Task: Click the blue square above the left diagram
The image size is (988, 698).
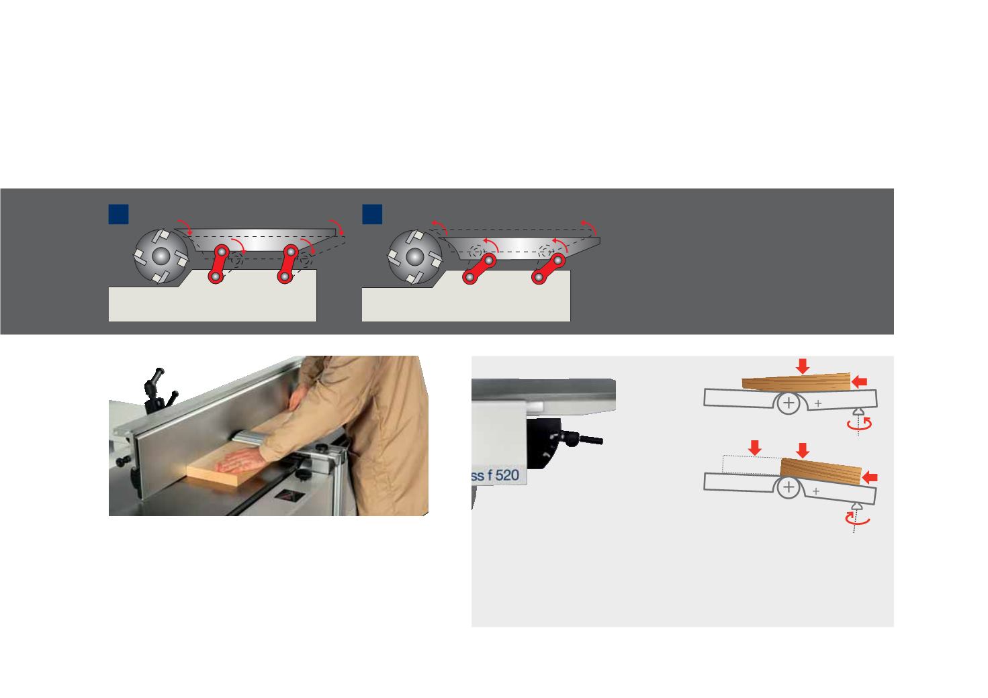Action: pyautogui.click(x=118, y=214)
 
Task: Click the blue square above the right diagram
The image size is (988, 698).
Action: pyautogui.click(x=372, y=214)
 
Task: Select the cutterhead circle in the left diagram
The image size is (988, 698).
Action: pyautogui.click(x=161, y=256)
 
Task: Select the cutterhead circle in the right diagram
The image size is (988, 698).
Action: pyautogui.click(x=414, y=257)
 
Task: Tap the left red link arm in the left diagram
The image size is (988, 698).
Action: pyautogui.click(x=218, y=264)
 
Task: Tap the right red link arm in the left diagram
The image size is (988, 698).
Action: pyautogui.click(x=287, y=264)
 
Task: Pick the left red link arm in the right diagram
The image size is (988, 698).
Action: pyautogui.click(x=479, y=269)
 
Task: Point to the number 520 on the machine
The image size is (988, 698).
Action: pyautogui.click(x=507, y=475)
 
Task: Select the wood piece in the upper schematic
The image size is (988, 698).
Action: pyautogui.click(x=796, y=383)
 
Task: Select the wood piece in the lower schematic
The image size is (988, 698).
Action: pyautogui.click(x=820, y=472)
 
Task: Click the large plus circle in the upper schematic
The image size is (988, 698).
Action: pyautogui.click(x=789, y=403)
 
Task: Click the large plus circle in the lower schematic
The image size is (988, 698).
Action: pyautogui.click(x=789, y=487)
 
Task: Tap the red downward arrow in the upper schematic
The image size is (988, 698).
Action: pyautogui.click(x=803, y=366)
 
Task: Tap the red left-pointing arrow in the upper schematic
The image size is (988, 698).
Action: pyautogui.click(x=859, y=382)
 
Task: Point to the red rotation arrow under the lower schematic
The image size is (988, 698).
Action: pyautogui.click(x=857, y=519)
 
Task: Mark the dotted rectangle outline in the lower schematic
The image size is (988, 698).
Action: pyautogui.click(x=751, y=465)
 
